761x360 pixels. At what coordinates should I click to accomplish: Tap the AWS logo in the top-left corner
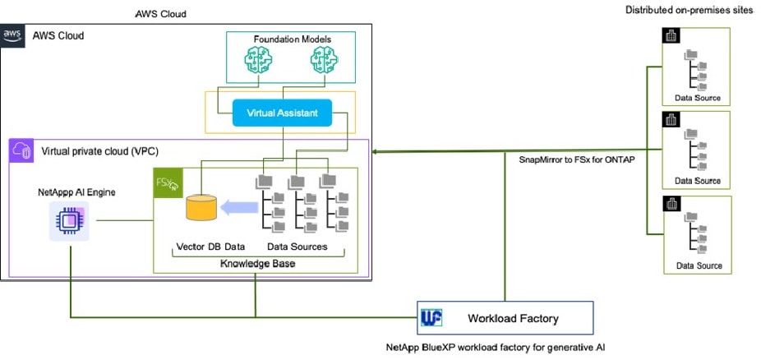[12, 35]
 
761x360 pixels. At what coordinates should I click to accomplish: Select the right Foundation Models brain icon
[322, 59]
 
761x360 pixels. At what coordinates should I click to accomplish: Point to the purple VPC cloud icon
[21, 151]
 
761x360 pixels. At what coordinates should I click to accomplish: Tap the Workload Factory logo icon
[432, 317]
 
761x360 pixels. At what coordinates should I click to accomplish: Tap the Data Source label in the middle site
[698, 181]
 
